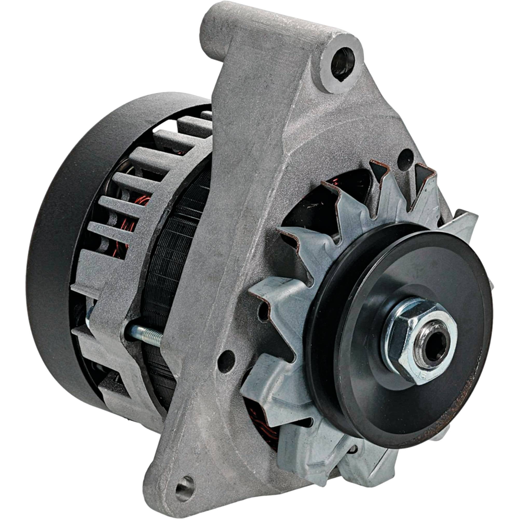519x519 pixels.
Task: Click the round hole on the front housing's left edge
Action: pyautogui.click(x=227, y=360)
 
